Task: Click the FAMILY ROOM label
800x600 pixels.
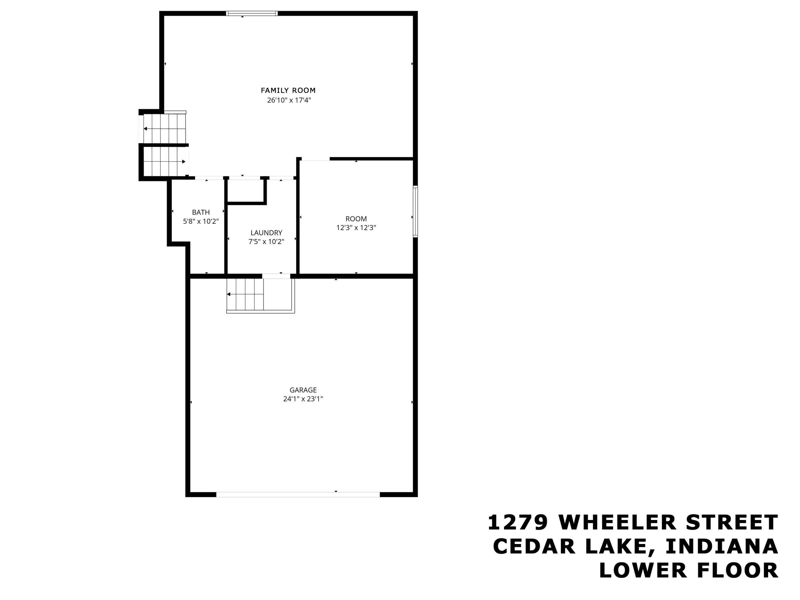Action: (288, 90)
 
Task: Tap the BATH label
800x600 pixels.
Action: (201, 212)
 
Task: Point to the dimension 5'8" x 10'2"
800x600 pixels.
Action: (201, 221)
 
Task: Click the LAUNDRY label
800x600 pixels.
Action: (266, 233)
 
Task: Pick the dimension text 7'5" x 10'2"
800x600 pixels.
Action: (266, 242)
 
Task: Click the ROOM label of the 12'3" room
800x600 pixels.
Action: (356, 219)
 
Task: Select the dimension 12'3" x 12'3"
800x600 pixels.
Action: (356, 228)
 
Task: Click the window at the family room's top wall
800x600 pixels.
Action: (252, 13)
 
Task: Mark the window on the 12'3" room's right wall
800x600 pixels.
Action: (415, 211)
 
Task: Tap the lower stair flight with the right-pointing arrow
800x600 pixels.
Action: (165, 161)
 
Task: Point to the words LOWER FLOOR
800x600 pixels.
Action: (689, 570)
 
